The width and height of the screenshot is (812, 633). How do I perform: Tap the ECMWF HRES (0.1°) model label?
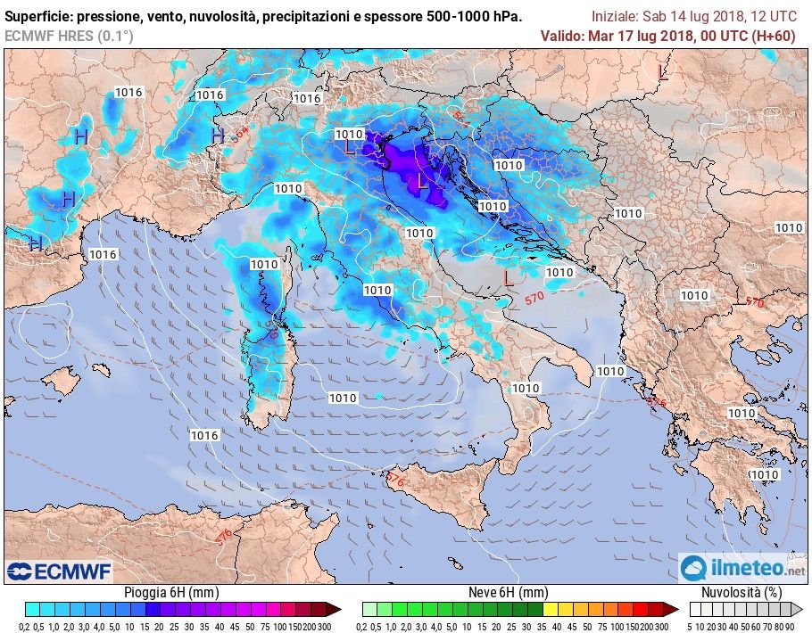pyautogui.click(x=69, y=36)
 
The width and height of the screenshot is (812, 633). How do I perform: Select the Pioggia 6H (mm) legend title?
pyautogui.click(x=169, y=593)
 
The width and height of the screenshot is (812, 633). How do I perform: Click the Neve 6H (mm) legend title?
pyautogui.click(x=508, y=593)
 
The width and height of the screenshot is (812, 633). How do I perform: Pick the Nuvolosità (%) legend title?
pyautogui.click(x=742, y=593)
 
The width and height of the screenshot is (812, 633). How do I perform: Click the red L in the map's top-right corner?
pyautogui.click(x=662, y=72)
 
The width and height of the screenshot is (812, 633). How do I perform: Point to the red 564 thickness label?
pyautogui.click(x=461, y=117)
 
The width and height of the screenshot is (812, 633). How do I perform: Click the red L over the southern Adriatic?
pyautogui.click(x=508, y=278)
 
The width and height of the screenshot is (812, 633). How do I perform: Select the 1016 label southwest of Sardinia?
pyautogui.click(x=204, y=435)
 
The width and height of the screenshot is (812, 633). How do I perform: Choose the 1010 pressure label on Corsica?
pyautogui.click(x=264, y=264)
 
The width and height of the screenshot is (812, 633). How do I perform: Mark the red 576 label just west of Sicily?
pyautogui.click(x=396, y=480)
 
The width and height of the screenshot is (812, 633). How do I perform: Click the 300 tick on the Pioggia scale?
pyautogui.click(x=324, y=627)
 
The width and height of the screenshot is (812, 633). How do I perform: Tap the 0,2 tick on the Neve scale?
pyautogui.click(x=368, y=627)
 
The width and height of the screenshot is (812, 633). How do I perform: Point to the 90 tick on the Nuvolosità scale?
pyautogui.click(x=791, y=627)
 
